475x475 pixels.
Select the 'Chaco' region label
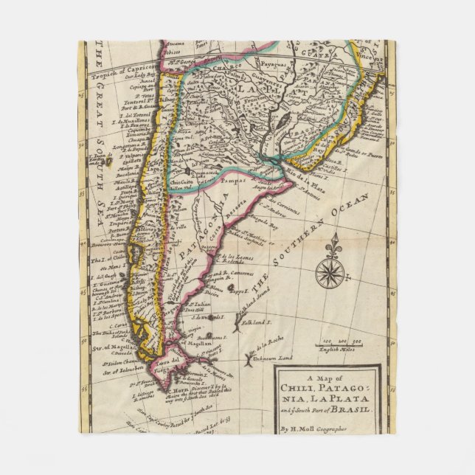(216, 74)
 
